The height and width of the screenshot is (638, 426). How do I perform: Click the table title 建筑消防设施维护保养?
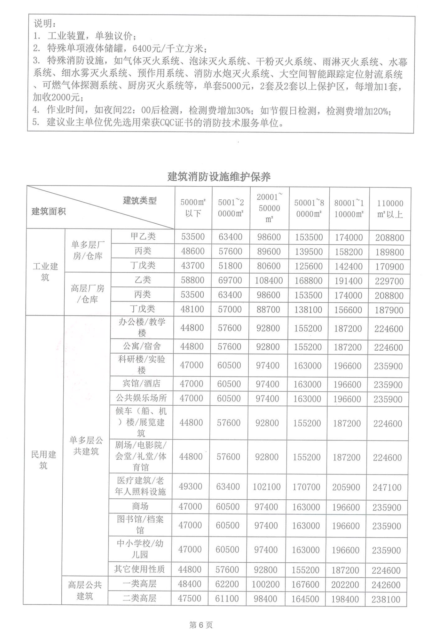[x=219, y=176]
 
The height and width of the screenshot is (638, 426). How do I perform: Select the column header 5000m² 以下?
[x=193, y=208]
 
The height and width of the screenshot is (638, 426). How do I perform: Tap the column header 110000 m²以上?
[x=390, y=209]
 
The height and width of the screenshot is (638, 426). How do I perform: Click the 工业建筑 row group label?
[x=45, y=271]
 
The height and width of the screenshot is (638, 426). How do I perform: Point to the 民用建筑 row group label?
[x=43, y=460]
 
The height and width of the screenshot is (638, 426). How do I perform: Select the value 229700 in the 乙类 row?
[x=389, y=281]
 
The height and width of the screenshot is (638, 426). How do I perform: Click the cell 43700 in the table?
[x=192, y=266]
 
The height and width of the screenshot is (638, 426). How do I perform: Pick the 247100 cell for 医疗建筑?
[x=387, y=487]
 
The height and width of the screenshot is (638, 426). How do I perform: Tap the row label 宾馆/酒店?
[x=141, y=384]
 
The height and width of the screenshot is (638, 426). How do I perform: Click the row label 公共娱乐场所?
[x=141, y=398]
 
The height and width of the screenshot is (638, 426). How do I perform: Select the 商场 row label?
[x=140, y=506]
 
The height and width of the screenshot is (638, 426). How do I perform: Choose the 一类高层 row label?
[x=140, y=584]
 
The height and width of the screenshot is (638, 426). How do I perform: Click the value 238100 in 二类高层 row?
[x=386, y=599]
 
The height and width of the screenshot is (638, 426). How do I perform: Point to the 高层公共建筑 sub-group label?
[x=85, y=590]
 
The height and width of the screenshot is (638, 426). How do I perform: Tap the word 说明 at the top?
[x=44, y=24]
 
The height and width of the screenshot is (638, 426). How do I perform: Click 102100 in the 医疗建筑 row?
[x=266, y=487]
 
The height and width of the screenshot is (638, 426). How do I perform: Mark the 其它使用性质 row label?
[x=140, y=569]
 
